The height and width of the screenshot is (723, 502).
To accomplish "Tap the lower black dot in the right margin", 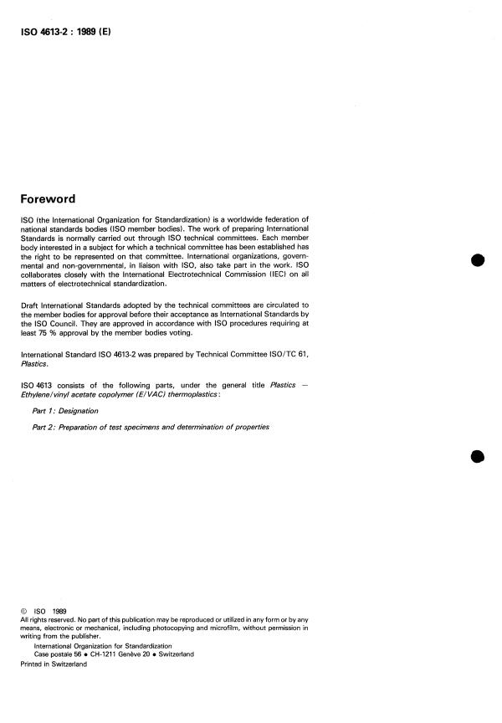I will point(478,457).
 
